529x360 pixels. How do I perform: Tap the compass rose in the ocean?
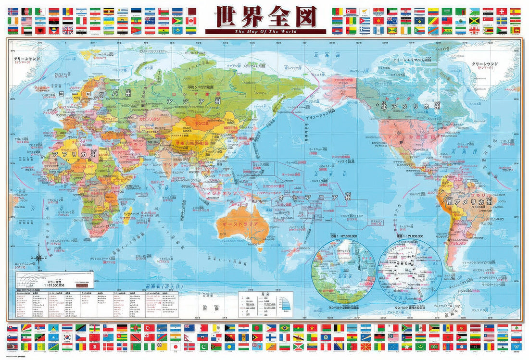tap(39, 258)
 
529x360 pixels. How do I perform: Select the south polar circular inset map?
tap(409, 272)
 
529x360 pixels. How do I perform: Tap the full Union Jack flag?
tap(68, 30)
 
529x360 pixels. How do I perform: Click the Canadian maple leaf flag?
tap(191, 21)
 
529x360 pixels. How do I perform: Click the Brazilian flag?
tap(286, 328)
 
